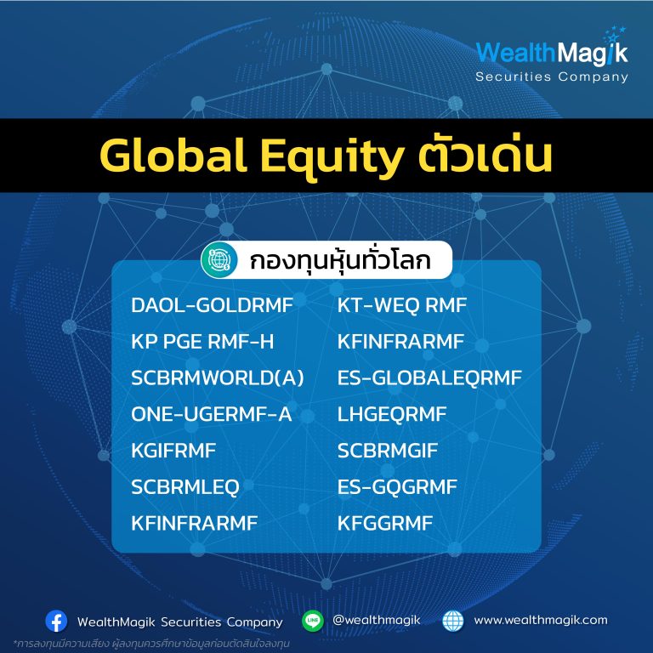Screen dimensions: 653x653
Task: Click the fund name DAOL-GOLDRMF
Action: tap(212, 305)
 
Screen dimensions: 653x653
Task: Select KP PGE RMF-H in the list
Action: tap(203, 342)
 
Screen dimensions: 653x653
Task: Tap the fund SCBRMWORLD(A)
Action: tap(218, 378)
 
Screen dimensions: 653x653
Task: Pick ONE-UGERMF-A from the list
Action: tap(211, 414)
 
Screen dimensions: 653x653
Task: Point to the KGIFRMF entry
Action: tap(173, 451)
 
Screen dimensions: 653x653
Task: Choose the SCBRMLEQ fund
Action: tap(185, 487)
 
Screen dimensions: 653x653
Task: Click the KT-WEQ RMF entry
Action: tap(402, 305)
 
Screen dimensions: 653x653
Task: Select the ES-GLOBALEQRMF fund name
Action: tap(429, 378)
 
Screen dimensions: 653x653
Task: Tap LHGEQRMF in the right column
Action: tap(392, 414)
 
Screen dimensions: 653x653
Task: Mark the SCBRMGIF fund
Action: tap(388, 451)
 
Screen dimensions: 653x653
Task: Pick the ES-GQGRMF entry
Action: tap(397, 487)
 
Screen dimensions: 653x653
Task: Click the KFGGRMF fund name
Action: tap(385, 524)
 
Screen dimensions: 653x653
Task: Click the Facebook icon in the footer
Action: tap(56, 622)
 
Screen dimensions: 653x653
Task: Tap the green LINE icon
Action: tap(313, 621)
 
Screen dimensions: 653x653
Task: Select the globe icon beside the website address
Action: tap(452, 621)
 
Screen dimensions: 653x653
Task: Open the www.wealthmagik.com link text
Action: tap(541, 620)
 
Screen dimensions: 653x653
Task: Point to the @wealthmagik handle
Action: tap(377, 620)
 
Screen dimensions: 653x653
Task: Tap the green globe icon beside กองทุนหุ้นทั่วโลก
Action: tap(219, 260)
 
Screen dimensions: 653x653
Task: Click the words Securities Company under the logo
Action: tap(552, 77)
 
